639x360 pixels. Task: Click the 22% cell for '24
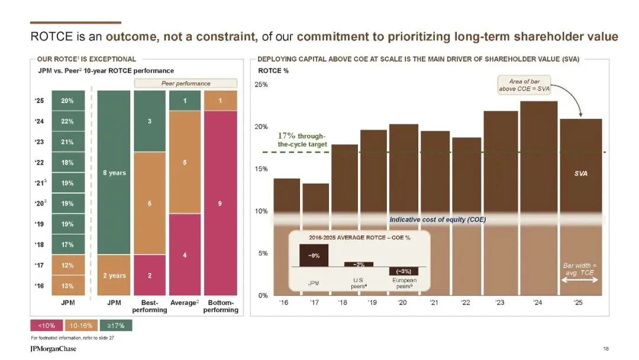click(67, 121)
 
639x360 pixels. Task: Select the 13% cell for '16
click(67, 286)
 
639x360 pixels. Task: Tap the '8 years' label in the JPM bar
click(114, 173)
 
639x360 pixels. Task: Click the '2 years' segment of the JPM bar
click(114, 275)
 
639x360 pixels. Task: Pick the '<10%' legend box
click(47, 325)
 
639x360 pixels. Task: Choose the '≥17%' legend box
click(116, 325)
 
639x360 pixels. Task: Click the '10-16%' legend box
click(81, 325)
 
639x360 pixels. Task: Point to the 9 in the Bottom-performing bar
click(220, 204)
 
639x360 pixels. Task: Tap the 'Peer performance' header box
click(186, 83)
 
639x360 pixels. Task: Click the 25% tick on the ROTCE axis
click(261, 85)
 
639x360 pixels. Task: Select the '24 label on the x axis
click(537, 303)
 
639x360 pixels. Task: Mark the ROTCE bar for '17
click(315, 239)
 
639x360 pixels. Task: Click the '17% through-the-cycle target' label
click(302, 140)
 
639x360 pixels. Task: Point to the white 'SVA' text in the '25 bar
click(580, 174)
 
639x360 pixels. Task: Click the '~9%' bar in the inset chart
click(314, 255)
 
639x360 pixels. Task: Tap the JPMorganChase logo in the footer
click(53, 349)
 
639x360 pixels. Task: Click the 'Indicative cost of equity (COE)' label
click(437, 220)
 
